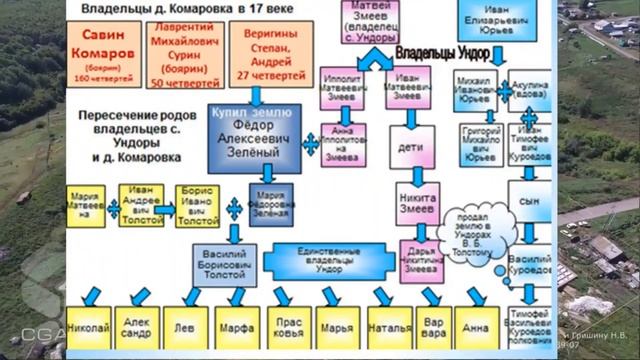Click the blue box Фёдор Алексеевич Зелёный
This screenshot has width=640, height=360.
(254, 137)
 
